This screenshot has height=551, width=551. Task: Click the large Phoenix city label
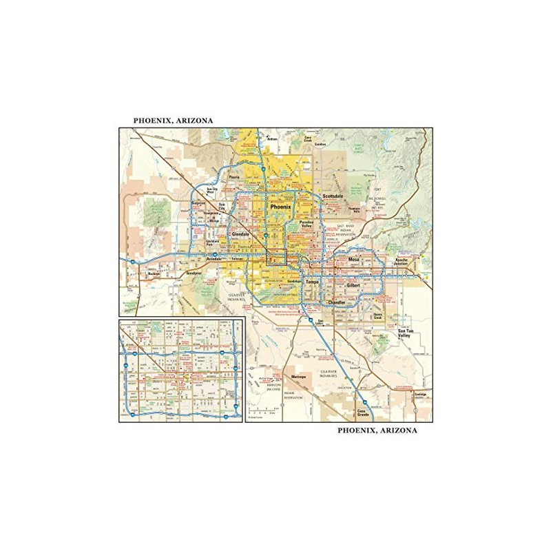281,207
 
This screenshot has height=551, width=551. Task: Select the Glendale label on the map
240,234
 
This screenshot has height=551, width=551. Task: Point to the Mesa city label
354,259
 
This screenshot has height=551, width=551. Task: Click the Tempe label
312,282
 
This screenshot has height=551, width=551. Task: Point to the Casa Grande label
363,413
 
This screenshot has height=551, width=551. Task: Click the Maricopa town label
298,377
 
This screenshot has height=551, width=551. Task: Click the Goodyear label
195,273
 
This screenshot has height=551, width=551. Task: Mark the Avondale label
215,259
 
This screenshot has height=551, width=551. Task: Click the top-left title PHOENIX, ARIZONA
173,121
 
